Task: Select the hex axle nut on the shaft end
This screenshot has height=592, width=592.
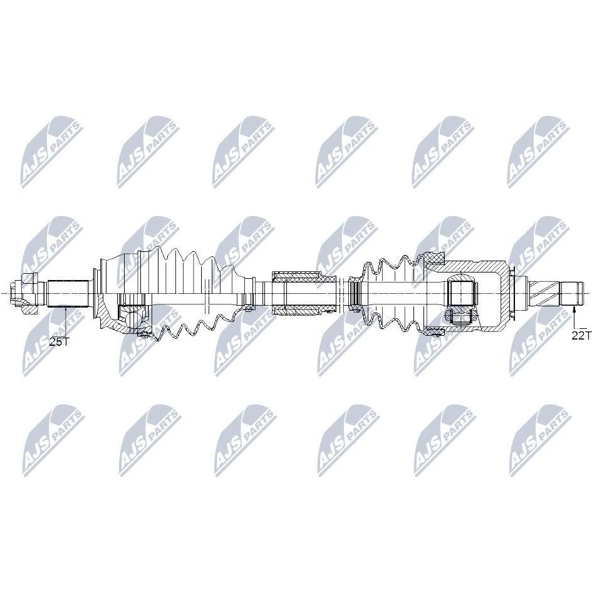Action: [x=25, y=293]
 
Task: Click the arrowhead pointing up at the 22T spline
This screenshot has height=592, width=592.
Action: [x=574, y=310]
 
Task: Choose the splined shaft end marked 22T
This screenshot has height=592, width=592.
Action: [x=572, y=293]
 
